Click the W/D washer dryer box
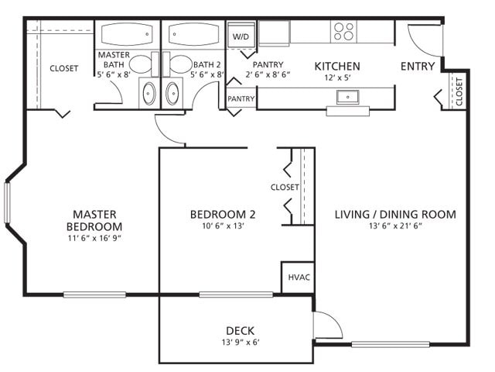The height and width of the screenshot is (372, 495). point(241,36)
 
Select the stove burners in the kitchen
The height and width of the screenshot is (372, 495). point(343,31)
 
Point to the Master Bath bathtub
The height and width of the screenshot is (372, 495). point(128,36)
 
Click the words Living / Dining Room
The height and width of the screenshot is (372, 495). point(395,215)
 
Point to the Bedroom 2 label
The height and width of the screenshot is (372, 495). point(223,215)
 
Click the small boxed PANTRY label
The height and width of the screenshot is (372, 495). point(241,99)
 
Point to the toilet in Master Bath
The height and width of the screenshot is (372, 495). point(140,63)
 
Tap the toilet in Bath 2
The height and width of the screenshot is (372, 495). point(179,63)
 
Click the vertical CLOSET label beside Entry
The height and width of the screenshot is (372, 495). point(459,91)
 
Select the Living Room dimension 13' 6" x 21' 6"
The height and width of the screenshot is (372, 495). point(395,227)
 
